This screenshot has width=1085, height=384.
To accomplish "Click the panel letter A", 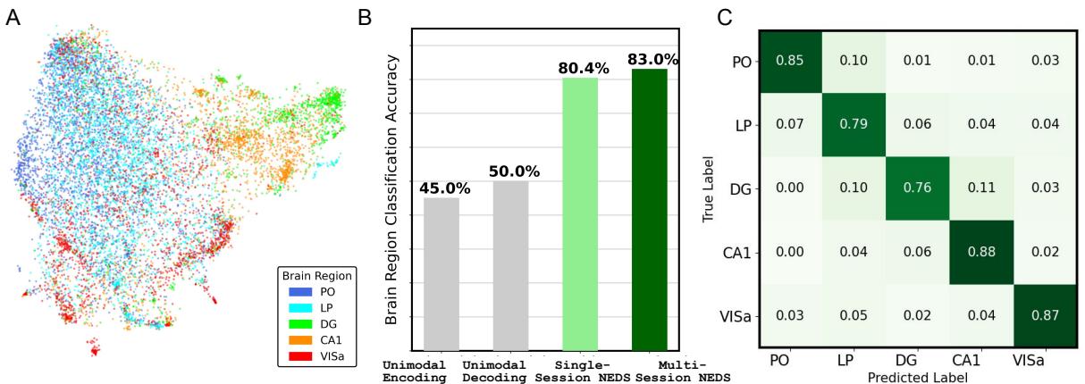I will [x=13, y=17].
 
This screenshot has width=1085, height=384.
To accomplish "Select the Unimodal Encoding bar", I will [x=441, y=274].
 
